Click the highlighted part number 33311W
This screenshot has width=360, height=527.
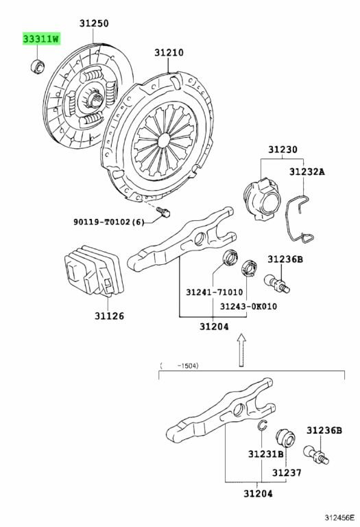point(41,38)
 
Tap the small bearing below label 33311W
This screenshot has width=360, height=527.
point(37,66)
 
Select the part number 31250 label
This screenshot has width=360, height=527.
point(94,23)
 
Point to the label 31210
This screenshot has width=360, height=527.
point(169,52)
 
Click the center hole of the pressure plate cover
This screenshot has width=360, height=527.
point(164,140)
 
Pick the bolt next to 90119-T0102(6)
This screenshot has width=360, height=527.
point(163,212)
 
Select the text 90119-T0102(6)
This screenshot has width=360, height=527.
point(109,222)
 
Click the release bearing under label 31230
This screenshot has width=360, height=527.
point(262,199)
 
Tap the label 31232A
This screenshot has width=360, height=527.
point(307,172)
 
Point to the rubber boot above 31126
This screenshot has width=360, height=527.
point(94,271)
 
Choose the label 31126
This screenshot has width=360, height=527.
point(109,316)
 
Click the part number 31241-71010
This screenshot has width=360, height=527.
point(214,292)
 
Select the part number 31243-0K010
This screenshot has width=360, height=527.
point(248,306)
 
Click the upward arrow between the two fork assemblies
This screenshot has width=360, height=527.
point(241,350)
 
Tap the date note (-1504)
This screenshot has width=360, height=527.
point(180,366)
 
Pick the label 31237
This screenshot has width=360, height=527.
point(287,473)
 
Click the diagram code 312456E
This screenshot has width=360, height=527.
point(339,517)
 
